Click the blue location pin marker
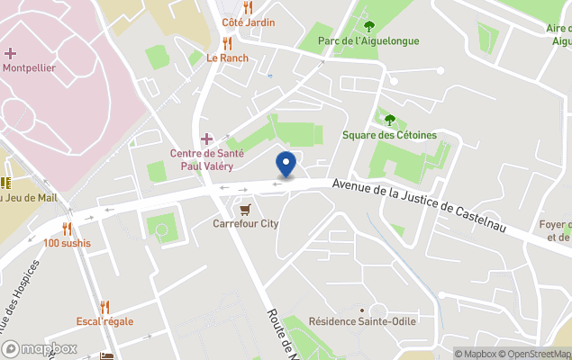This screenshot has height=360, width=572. pos(286,165)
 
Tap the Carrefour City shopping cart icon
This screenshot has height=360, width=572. pos(245,208)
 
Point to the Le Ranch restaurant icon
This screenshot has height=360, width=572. pos(227,42)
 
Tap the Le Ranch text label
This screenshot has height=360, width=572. pos(227,58)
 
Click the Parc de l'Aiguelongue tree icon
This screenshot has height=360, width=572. pos(368,26)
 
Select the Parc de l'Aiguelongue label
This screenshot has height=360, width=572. pos(368,40)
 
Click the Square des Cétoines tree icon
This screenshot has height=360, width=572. pos(389,120)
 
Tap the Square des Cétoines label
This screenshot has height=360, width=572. pos(389,135)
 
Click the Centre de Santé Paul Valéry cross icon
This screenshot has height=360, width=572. pos(206,138)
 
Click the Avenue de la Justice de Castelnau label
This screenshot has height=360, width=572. pos(419,205)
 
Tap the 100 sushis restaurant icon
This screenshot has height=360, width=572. pos(67,229)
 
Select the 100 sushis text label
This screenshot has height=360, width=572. pos(67,243)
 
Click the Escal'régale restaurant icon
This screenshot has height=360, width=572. pos(104,306)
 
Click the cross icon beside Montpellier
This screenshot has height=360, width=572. pos(11,53)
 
